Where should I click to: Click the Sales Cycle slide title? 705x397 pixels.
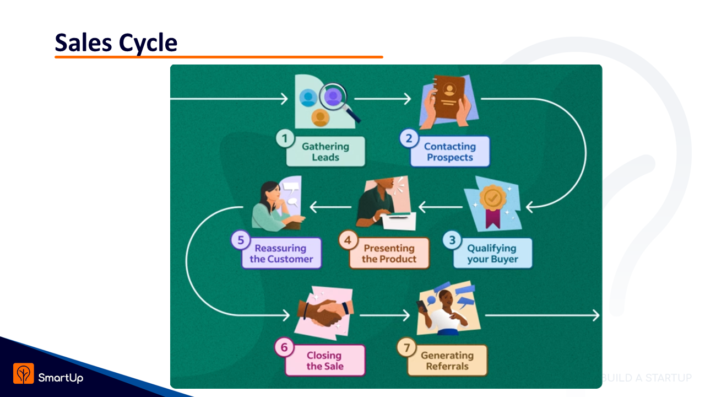pyautogui.click(x=116, y=42)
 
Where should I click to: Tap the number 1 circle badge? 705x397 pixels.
pyautogui.click(x=285, y=138)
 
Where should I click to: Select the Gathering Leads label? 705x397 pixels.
pyautogui.click(x=326, y=152)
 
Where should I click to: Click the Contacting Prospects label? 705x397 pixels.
pyautogui.click(x=450, y=152)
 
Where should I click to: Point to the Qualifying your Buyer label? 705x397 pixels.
pyautogui.click(x=492, y=253)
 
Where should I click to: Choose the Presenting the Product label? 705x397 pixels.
pyautogui.click(x=389, y=253)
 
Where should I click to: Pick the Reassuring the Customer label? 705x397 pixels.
pyautogui.click(x=281, y=253)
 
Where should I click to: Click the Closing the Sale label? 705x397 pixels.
pyautogui.click(x=325, y=361)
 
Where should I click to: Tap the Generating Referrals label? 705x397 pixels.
pyautogui.click(x=447, y=361)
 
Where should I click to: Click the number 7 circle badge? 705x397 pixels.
pyautogui.click(x=406, y=347)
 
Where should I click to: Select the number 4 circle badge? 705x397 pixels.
pyautogui.click(x=348, y=240)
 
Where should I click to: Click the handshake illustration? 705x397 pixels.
pyautogui.click(x=324, y=312)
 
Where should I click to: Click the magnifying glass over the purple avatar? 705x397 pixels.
pyautogui.click(x=339, y=101)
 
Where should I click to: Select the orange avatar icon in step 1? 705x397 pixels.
pyautogui.click(x=321, y=118)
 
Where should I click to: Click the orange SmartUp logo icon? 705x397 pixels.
pyautogui.click(x=24, y=373)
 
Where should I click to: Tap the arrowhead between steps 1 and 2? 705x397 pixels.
pyautogui.click(x=408, y=99)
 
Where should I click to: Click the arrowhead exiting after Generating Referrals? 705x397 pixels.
pyautogui.click(x=596, y=315)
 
